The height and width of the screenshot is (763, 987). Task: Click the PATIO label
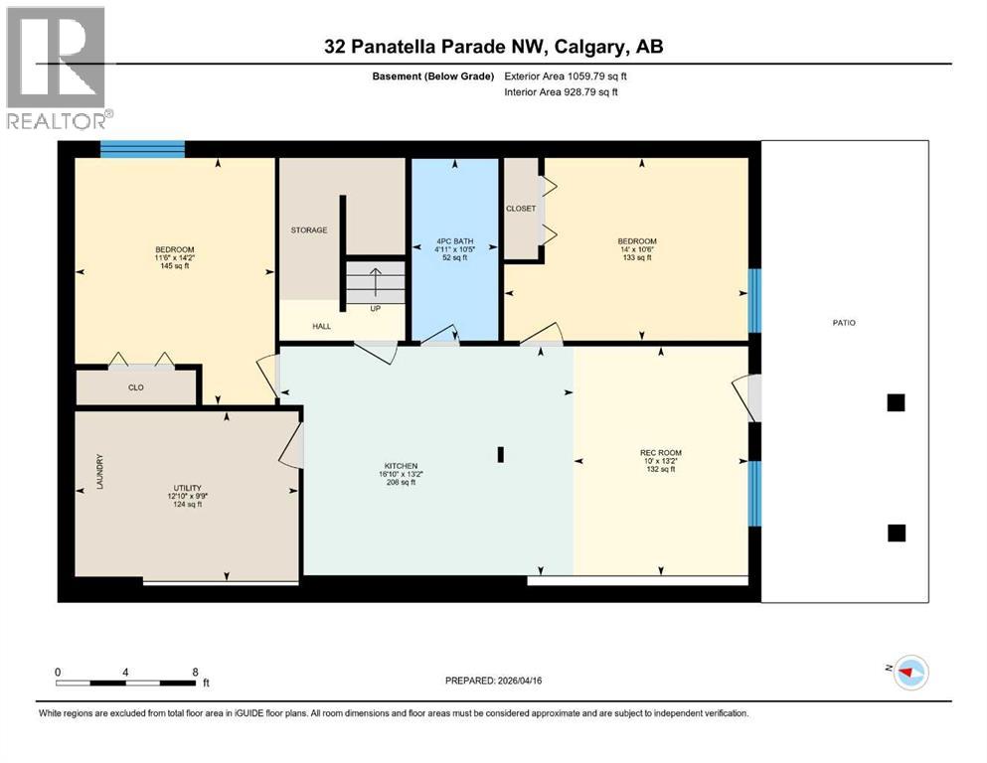[845, 323]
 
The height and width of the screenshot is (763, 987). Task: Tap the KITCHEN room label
[401, 465]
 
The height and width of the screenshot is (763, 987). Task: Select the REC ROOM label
[661, 453]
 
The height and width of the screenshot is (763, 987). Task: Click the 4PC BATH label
[454, 241]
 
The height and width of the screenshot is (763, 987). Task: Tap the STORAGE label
[308, 230]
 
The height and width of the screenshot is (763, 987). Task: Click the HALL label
[294, 326]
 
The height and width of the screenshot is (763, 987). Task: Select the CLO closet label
[136, 387]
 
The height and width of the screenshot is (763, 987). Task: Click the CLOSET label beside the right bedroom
[520, 209]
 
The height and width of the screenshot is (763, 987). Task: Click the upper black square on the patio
[896, 402]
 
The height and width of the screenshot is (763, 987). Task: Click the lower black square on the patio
[896, 534]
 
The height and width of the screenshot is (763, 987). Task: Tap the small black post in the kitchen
[501, 454]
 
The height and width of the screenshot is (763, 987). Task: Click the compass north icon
[910, 673]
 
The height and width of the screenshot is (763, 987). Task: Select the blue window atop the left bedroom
[142, 149]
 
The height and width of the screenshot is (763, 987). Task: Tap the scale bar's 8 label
[195, 672]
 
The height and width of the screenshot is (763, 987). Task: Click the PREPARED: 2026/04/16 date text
[494, 681]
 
